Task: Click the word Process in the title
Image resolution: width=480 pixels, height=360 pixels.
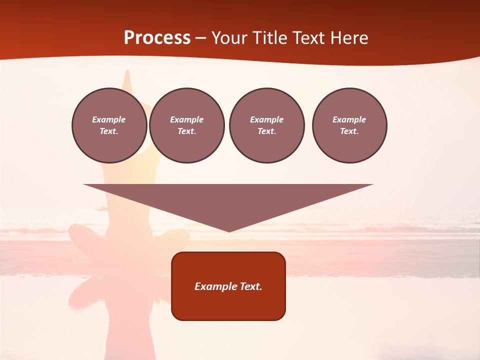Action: (x=157, y=38)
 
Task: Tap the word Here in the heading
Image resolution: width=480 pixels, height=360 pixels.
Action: (x=348, y=38)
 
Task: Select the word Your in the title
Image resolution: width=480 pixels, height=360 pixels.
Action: (x=230, y=38)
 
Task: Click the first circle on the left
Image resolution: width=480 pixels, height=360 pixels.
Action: (x=109, y=125)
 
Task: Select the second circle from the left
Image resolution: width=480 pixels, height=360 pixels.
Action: (x=187, y=125)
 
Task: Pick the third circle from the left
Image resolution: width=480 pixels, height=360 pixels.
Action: (x=266, y=125)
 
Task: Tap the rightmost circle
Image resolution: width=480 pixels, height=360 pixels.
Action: (x=349, y=125)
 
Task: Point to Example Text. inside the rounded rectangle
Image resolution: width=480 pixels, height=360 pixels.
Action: (x=228, y=286)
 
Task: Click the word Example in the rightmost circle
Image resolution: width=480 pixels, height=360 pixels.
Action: (x=349, y=119)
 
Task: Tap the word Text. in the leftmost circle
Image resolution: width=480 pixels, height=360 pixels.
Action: (x=109, y=131)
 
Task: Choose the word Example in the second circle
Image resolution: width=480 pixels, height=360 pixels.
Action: (x=187, y=119)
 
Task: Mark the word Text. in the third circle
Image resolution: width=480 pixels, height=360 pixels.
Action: (x=266, y=131)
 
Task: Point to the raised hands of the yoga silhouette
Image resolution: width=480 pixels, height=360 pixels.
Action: (x=127, y=78)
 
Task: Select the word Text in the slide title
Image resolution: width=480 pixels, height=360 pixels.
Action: (x=310, y=38)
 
